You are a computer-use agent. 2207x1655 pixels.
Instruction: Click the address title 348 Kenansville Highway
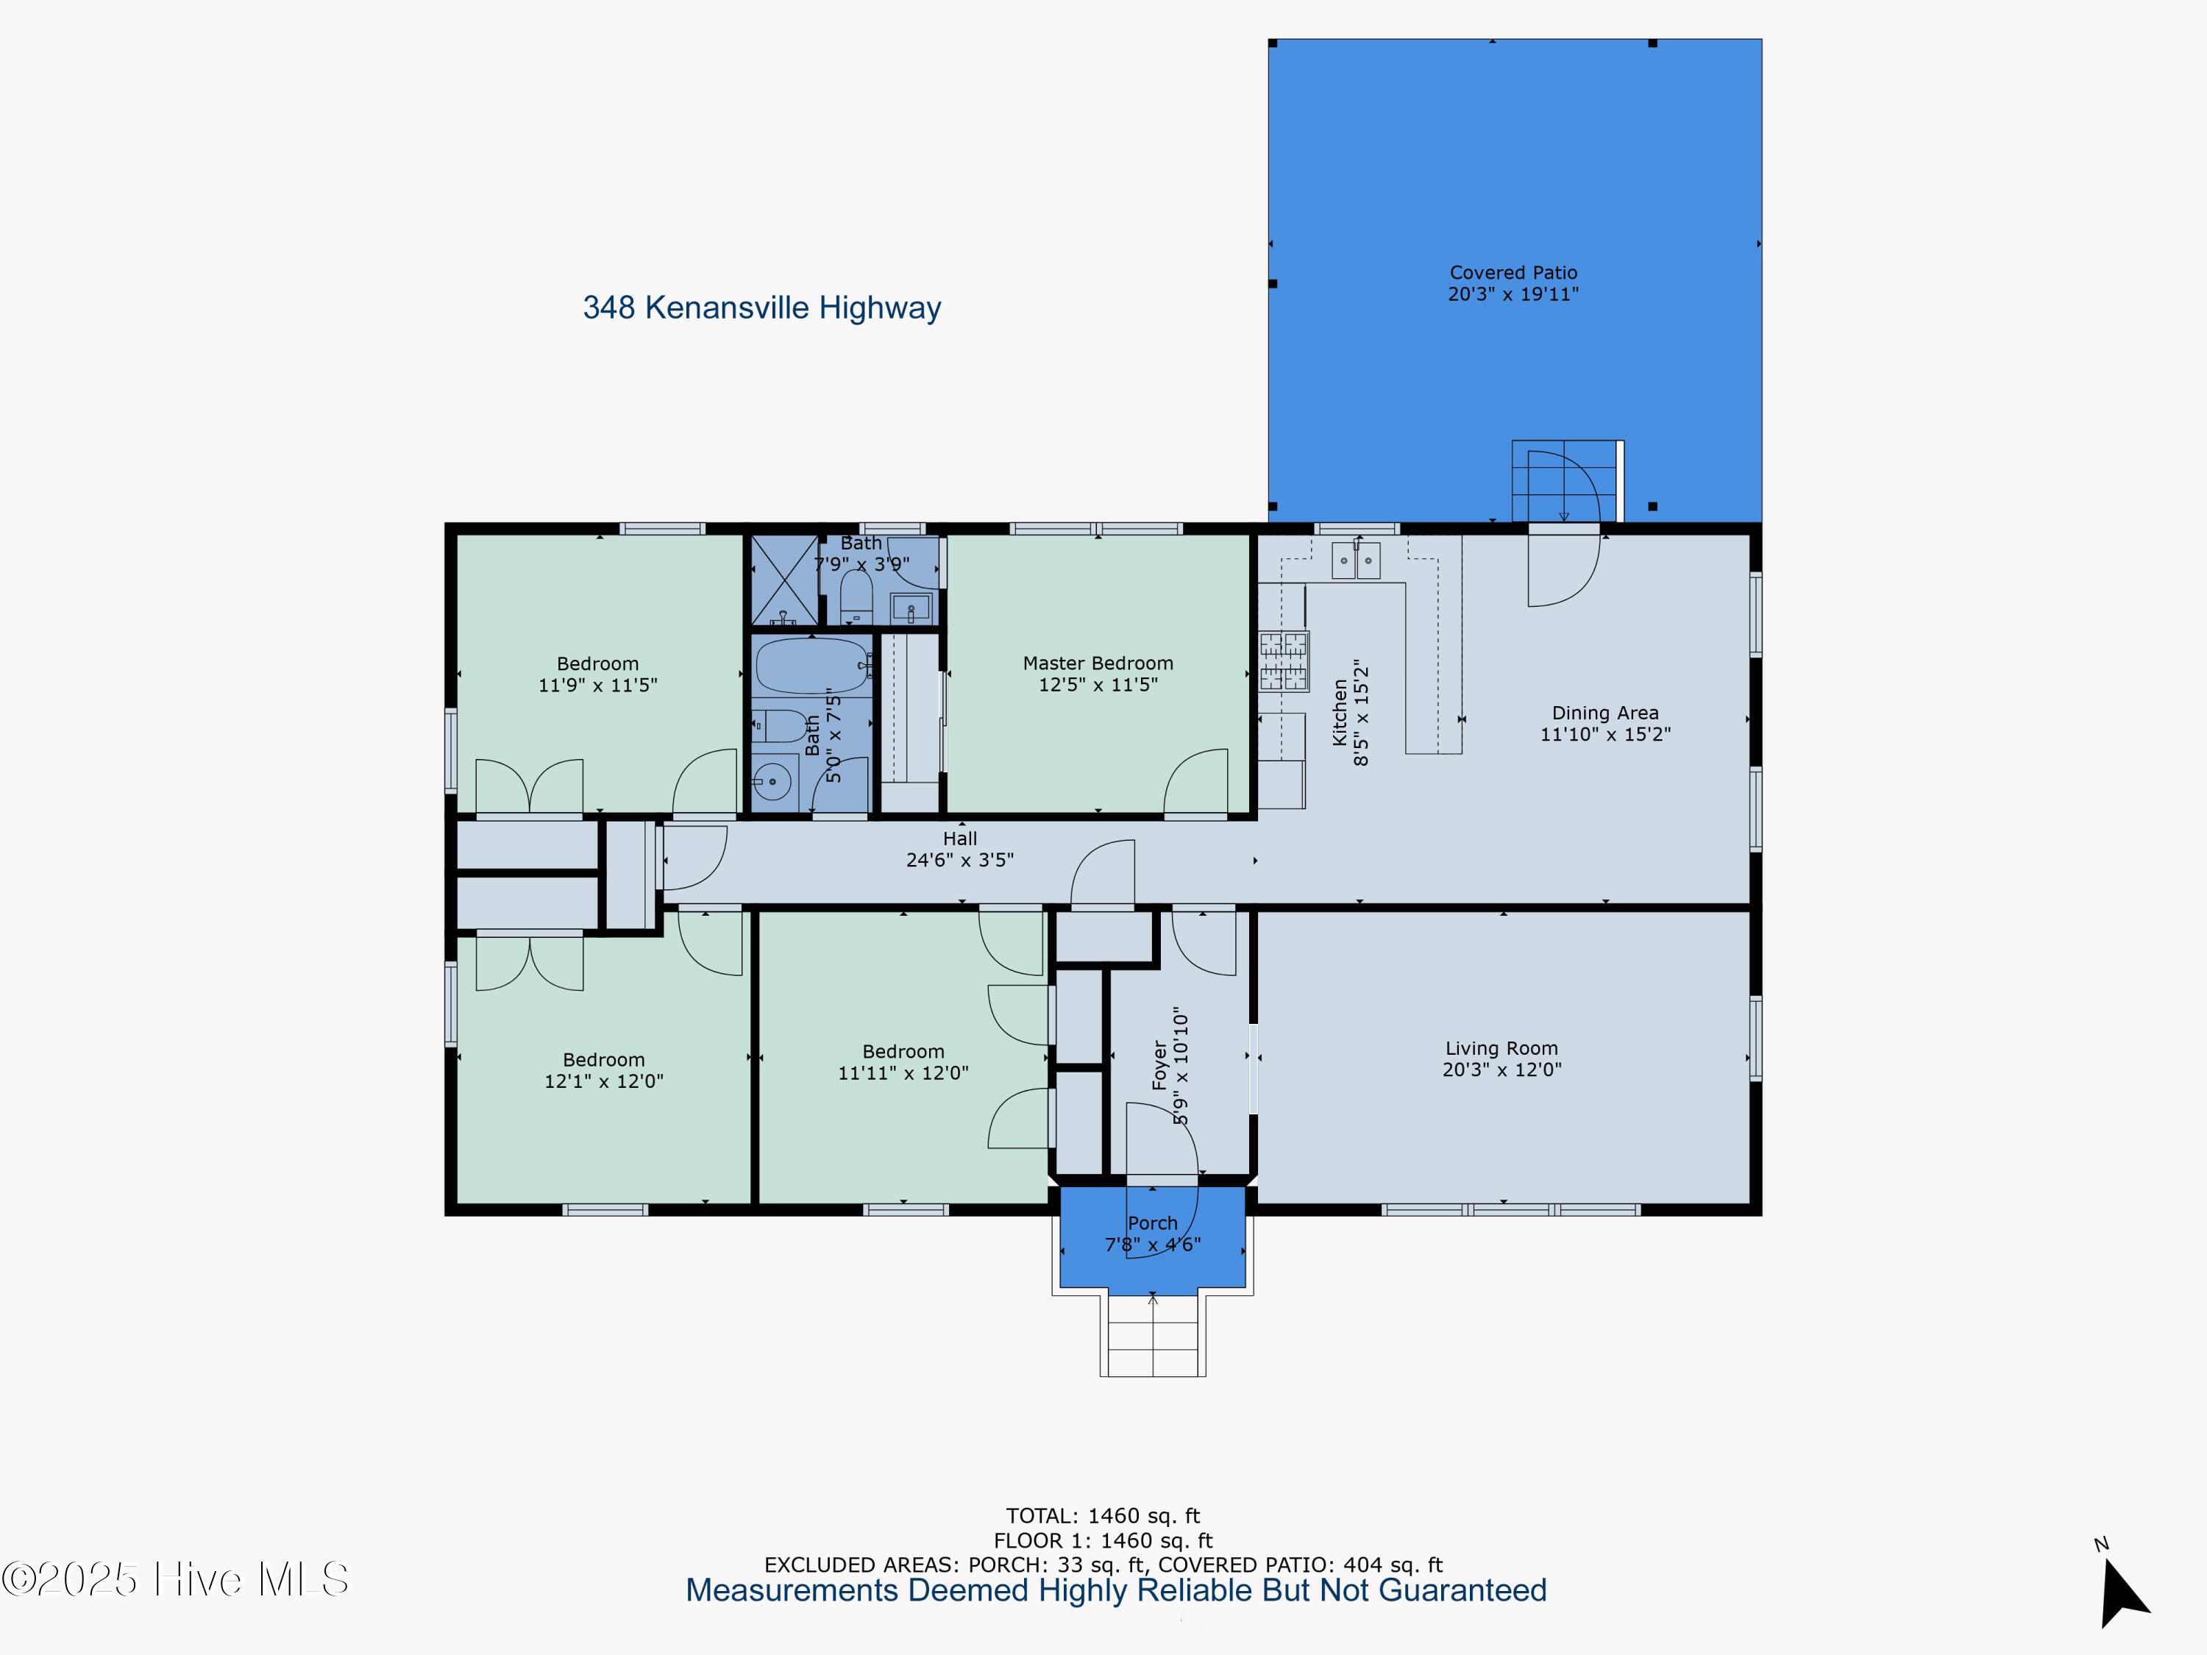click(761, 307)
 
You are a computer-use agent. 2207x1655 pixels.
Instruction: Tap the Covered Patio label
click(1513, 272)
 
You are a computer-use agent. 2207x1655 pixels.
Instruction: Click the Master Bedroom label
click(1098, 663)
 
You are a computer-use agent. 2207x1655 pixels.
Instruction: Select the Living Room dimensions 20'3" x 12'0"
click(1501, 1069)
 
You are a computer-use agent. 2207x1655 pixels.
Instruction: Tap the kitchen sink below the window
click(1356, 560)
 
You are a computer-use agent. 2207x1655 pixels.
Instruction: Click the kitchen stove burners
click(1283, 661)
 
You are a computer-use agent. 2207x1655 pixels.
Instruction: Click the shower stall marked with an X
click(783, 580)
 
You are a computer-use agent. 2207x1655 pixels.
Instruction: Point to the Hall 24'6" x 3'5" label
click(960, 849)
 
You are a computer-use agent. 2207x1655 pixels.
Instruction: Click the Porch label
click(1152, 1223)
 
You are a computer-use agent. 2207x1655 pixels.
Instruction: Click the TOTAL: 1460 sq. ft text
click(1103, 1516)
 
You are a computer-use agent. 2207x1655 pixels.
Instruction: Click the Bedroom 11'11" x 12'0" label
click(903, 1061)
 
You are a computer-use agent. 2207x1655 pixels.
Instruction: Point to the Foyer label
click(1159, 1064)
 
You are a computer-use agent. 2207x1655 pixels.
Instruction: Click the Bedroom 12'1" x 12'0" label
click(604, 1069)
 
